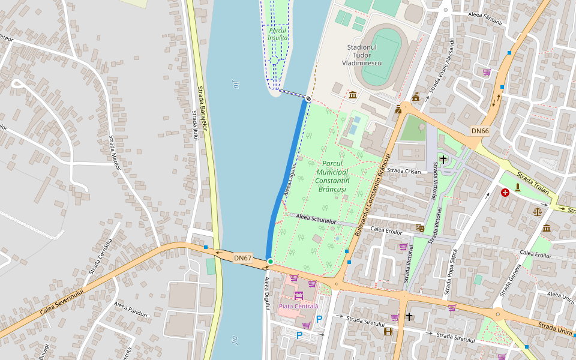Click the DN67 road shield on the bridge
(242, 258)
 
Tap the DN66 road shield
(480, 131)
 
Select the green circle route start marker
(271, 262)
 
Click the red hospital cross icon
(505, 193)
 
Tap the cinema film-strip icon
(388, 331)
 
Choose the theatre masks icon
(419, 228)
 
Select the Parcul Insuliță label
(278, 34)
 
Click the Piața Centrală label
(298, 306)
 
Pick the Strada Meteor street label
(115, 153)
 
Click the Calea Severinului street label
(62, 300)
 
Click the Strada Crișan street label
(404, 171)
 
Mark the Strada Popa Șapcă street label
(452, 274)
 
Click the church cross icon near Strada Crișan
(443, 159)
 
